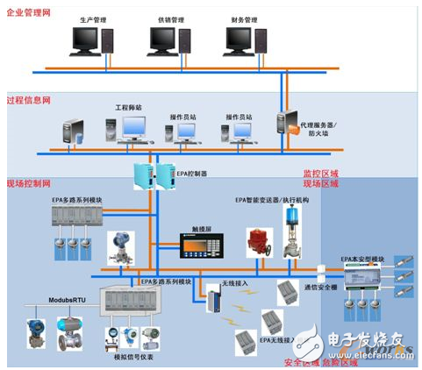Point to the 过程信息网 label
(x=27, y=100)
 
